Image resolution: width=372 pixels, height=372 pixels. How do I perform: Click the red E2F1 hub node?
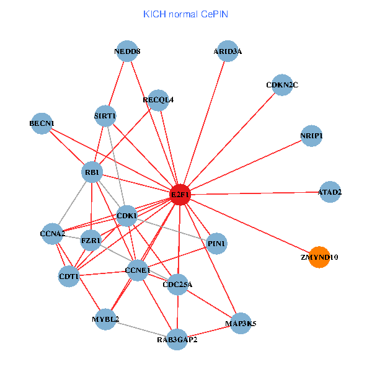(x=180, y=194)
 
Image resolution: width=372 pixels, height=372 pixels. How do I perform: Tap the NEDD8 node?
(x=127, y=51)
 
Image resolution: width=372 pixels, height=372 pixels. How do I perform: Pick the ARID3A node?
(x=228, y=51)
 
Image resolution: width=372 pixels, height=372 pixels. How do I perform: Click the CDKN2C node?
(x=282, y=85)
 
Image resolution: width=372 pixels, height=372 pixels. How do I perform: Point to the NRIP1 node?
(x=311, y=136)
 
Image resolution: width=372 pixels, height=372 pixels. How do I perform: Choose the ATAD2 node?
(x=330, y=192)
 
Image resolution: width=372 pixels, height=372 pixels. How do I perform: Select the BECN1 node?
(x=42, y=123)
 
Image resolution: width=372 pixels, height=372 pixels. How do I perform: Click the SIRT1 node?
(x=105, y=115)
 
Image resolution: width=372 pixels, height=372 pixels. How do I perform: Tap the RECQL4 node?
(x=158, y=100)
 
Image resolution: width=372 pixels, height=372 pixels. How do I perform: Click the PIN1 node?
(x=216, y=244)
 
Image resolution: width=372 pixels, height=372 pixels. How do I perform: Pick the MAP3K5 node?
(x=241, y=323)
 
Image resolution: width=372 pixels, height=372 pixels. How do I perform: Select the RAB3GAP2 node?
(x=177, y=339)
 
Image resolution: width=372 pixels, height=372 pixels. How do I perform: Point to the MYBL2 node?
(x=105, y=319)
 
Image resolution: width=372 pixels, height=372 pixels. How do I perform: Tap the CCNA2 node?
(x=52, y=234)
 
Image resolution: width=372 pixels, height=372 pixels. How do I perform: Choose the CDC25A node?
(x=178, y=285)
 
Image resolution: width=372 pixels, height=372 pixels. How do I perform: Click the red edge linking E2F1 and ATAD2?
(x=260, y=193)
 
